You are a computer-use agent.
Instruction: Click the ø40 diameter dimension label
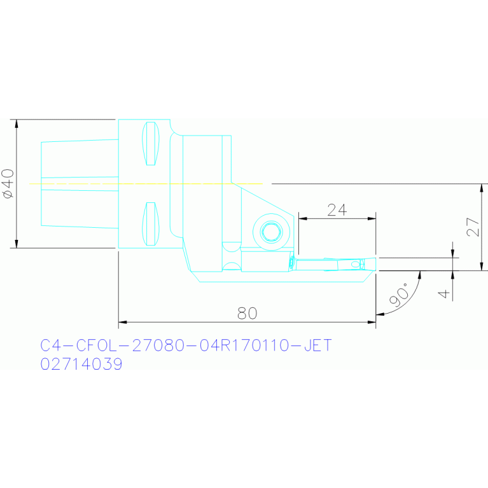point(8,184)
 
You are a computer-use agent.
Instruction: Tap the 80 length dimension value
point(247,313)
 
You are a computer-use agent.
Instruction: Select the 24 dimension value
point(337,210)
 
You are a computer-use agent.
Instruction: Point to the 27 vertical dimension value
point(473,227)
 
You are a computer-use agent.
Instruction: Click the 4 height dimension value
point(444,293)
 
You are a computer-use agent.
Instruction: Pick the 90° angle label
point(400,294)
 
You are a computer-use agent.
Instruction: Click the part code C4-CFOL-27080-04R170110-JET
point(186,345)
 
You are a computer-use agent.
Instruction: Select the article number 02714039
point(81,364)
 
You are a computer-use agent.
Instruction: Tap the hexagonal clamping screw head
point(272,232)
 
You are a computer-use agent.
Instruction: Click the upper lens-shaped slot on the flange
point(151,144)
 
